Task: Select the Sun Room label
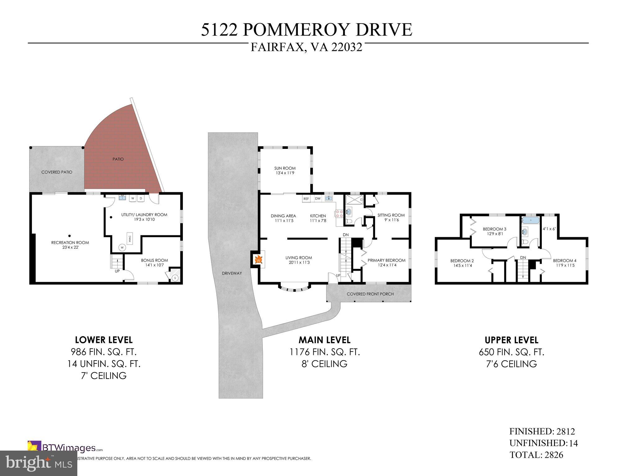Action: pos(285,168)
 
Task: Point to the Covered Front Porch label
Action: pos(370,294)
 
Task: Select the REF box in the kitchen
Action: pos(306,199)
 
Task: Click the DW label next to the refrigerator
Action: pos(318,198)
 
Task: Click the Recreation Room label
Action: pos(70,242)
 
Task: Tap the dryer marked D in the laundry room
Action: pos(140,198)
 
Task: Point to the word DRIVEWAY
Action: pos(232,273)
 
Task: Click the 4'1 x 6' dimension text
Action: pos(549,229)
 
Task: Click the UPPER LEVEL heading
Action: pos(511,340)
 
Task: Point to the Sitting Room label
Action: pos(391,215)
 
